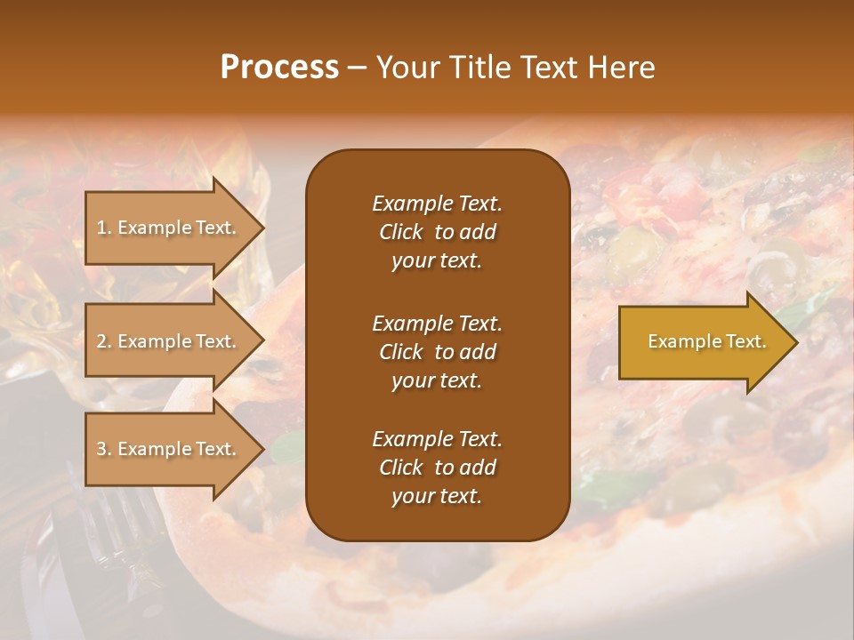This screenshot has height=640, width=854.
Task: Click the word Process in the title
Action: tap(279, 68)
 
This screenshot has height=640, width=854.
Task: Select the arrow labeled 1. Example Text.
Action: tap(169, 228)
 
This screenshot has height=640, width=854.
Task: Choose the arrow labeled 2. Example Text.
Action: tap(169, 341)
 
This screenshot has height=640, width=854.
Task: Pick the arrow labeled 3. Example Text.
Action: tap(169, 449)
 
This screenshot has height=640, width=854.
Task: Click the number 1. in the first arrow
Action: tap(103, 228)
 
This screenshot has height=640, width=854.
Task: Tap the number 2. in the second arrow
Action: tap(103, 341)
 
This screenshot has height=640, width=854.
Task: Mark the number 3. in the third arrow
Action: tap(103, 449)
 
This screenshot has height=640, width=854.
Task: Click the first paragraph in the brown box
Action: tap(437, 232)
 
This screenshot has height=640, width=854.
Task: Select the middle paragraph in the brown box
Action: tap(437, 352)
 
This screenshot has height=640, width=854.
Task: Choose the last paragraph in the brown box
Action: tap(437, 468)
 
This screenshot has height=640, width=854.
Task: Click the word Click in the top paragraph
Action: tap(400, 232)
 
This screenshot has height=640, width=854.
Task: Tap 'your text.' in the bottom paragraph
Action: tap(437, 496)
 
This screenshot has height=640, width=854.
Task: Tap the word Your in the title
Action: tap(407, 68)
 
